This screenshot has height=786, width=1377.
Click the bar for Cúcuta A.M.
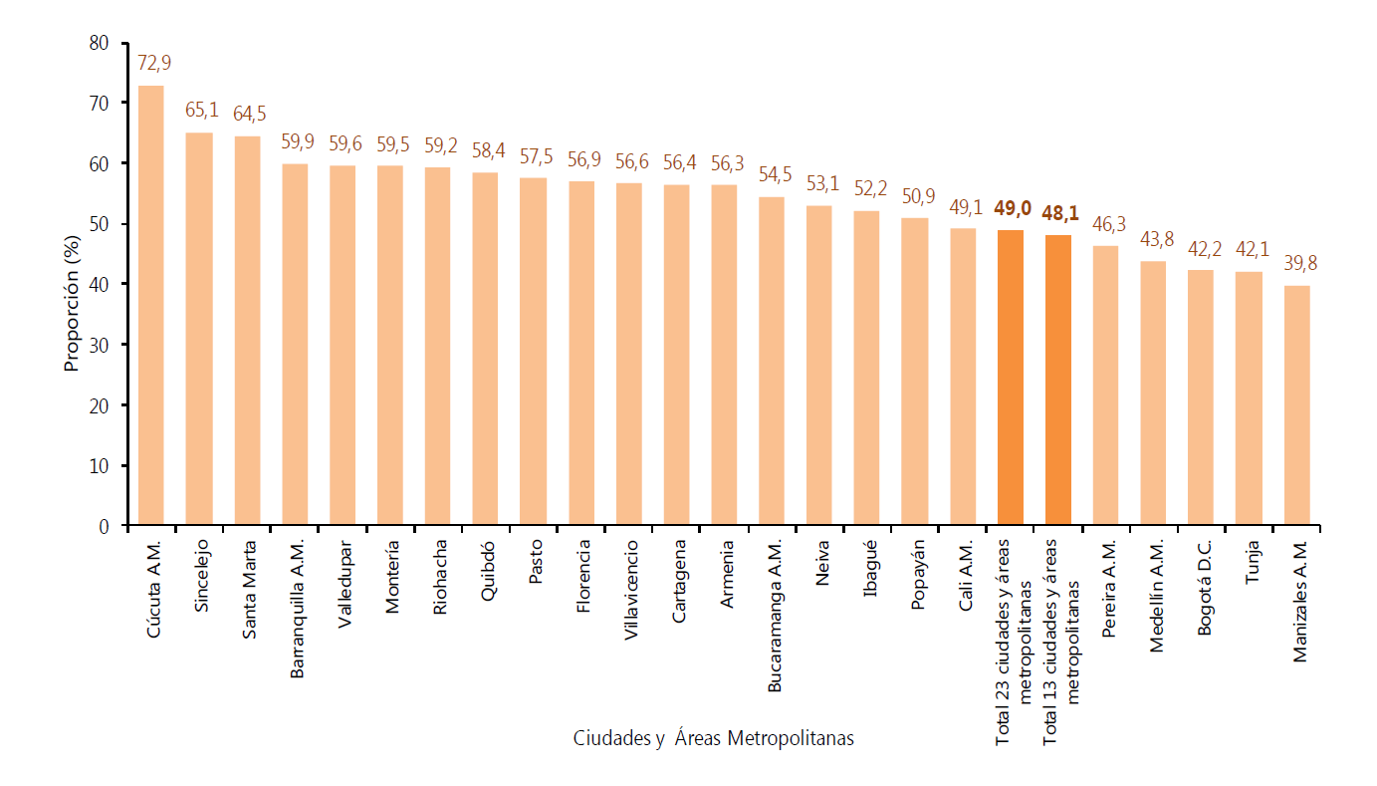151,305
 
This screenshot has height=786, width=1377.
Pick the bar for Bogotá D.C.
1201,397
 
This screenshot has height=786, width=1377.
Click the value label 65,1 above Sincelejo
199,111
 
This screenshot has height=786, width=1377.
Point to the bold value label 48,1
1057,213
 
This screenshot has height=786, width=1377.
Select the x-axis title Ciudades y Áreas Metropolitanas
713,739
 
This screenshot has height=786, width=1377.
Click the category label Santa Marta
249,589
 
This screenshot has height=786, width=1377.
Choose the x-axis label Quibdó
488,571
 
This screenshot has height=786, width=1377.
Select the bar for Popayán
914,372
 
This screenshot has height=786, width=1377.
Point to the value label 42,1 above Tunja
1249,250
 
